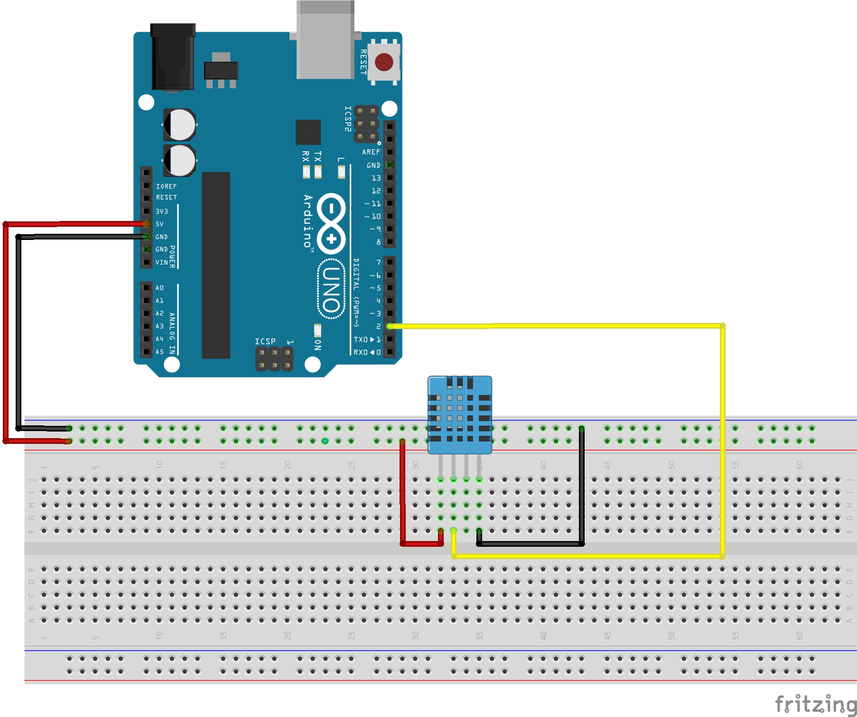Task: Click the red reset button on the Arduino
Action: [383, 62]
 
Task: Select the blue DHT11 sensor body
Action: [459, 414]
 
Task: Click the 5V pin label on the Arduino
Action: [159, 224]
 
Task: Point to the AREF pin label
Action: [371, 152]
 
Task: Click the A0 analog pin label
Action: [159, 288]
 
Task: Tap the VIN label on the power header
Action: [161, 262]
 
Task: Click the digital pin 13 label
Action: [376, 178]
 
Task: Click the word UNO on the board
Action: [331, 289]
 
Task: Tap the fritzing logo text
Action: [815, 704]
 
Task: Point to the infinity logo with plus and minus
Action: [331, 223]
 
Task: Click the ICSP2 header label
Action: [348, 119]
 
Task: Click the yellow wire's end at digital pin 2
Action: [390, 326]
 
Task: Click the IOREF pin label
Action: [166, 186]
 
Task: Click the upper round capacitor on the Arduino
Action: [180, 125]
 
